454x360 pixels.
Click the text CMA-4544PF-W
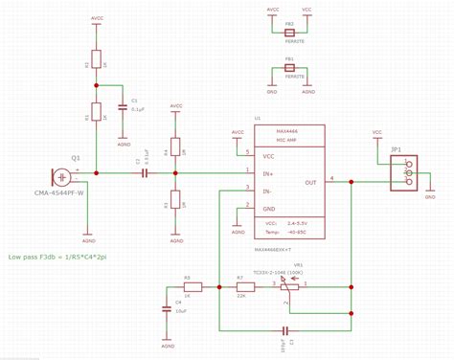tap(59, 193)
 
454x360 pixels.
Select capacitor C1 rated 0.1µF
tap(123, 108)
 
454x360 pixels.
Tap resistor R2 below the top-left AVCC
tap(96, 60)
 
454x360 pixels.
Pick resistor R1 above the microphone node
tap(96, 114)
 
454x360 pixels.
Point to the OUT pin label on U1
tap(310, 182)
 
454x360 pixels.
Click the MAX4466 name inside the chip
tap(288, 132)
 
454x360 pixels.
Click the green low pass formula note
tap(57, 258)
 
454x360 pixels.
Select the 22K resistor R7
tap(241, 285)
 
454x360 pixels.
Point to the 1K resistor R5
tap(193, 285)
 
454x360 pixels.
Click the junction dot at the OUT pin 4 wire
tap(352, 179)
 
